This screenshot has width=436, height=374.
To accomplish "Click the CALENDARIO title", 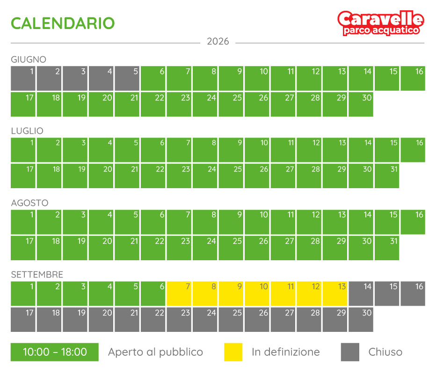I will [x=63, y=23].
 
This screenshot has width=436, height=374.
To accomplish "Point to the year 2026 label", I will [x=218, y=42].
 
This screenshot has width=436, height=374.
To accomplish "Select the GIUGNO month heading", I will [x=29, y=59].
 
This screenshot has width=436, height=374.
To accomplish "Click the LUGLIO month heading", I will [x=27, y=131].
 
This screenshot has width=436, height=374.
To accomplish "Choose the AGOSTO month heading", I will [x=29, y=203].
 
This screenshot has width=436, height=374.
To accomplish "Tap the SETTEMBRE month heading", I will [x=37, y=275].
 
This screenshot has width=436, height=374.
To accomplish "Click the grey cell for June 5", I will [x=127, y=79].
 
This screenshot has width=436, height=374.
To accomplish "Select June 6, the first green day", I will [x=153, y=79].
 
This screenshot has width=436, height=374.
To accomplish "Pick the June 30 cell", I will [x=361, y=104].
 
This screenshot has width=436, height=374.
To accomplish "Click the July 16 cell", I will [x=413, y=150].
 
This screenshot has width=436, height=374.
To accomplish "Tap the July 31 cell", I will [x=387, y=176].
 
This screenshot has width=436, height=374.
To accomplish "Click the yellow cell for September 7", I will [x=179, y=294].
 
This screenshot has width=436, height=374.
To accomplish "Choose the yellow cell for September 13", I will [x=335, y=294].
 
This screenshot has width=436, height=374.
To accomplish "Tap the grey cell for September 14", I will [x=361, y=294].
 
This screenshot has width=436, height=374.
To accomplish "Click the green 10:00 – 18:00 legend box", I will [x=55, y=352].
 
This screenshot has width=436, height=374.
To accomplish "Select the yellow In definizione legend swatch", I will [x=233, y=352].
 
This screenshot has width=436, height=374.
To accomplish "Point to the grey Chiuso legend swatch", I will [x=350, y=352].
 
